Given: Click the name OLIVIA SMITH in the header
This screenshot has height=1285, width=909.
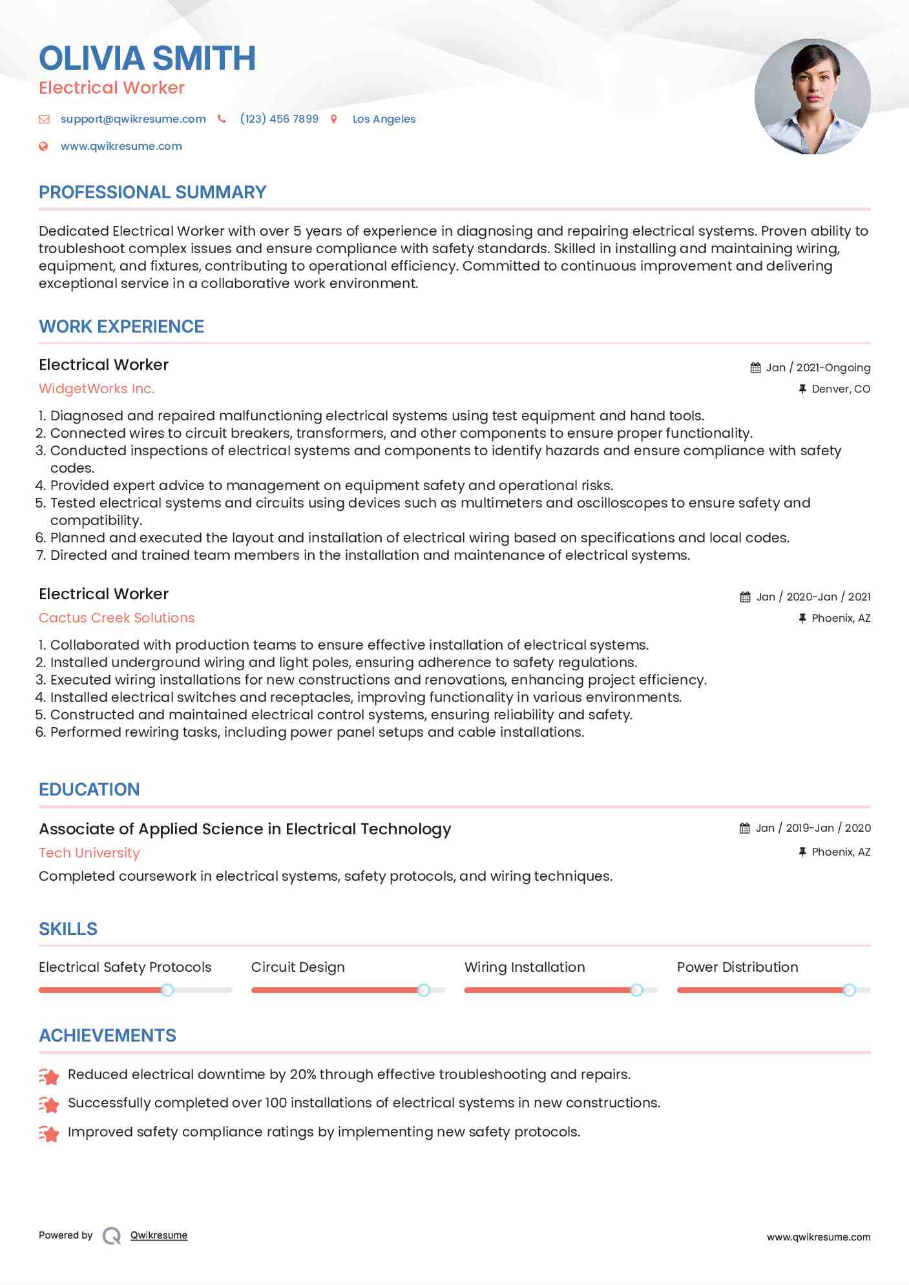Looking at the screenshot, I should point(147,58).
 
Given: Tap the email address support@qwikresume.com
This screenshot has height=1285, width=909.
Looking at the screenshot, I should point(133,119).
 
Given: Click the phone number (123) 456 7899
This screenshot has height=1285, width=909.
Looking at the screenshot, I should point(279,119).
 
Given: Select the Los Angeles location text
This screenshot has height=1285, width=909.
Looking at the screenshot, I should point(384,119).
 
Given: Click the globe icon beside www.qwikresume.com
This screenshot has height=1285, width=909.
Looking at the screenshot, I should point(43,146).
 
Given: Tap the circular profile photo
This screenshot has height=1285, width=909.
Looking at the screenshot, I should point(812,97).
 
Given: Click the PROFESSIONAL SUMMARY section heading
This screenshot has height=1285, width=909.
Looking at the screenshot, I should point(152,192).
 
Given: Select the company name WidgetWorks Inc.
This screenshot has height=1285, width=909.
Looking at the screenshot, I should point(97,389).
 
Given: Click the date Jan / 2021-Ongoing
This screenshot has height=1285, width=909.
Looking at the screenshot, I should point(817,367).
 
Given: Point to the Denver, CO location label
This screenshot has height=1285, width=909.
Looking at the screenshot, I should point(841,389).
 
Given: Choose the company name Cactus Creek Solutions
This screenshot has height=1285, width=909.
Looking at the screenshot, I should point(117,618).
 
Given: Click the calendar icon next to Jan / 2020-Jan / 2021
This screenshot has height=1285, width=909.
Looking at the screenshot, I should point(745,597).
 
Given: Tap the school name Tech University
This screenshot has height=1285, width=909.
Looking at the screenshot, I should point(89,853).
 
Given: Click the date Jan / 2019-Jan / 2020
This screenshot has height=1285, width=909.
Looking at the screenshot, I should point(813,828).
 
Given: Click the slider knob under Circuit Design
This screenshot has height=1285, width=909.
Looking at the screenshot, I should point(423,990).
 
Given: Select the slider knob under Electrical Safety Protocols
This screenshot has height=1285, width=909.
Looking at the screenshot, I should point(167,990).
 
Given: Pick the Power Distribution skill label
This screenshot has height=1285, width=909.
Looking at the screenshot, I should point(737,967).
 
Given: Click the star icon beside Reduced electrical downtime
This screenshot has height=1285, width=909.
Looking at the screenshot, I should point(49,1076).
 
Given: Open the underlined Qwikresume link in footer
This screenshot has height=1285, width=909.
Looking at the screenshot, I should point(159,1235).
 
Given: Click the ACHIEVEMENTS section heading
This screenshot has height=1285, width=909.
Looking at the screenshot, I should point(107,1036).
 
